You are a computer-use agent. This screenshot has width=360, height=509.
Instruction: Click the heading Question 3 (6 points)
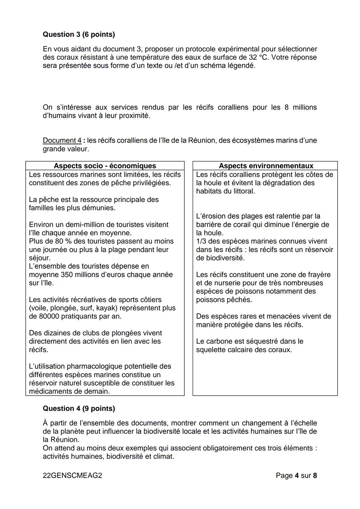pyautogui.click(x=79, y=34)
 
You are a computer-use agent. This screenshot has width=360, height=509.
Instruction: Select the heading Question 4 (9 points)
pyautogui.click(x=79, y=408)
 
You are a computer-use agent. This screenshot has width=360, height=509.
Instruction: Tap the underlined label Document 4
pyautogui.click(x=62, y=140)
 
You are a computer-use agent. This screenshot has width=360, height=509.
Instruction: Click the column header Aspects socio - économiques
pyautogui.click(x=105, y=166)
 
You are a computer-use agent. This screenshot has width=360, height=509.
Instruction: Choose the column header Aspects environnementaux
pyautogui.click(x=266, y=166)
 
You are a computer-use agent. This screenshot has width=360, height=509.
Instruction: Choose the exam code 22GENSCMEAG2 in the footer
pyautogui.click(x=72, y=475)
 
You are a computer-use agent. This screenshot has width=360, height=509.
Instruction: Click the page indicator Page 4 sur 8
pyautogui.click(x=296, y=475)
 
